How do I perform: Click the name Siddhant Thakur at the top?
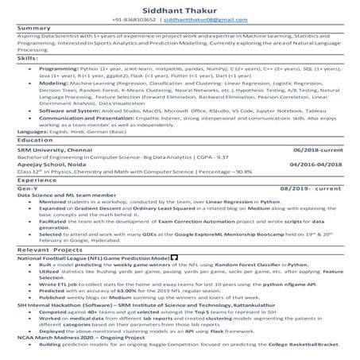[179, 8]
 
